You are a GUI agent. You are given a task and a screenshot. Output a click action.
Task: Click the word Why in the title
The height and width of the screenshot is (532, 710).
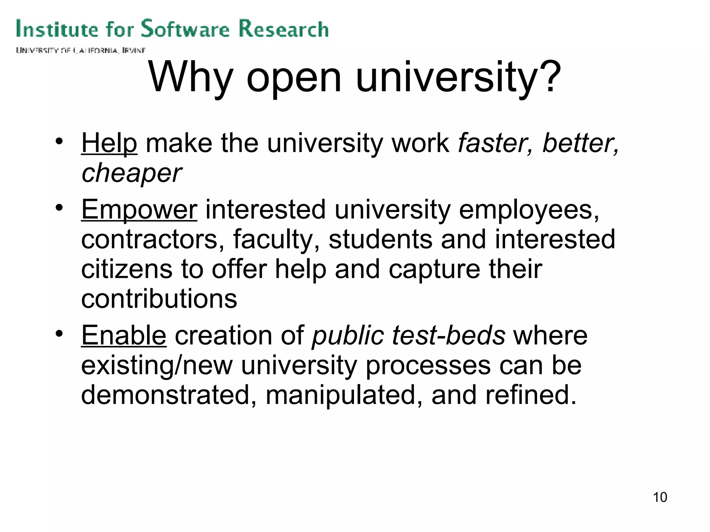(190, 78)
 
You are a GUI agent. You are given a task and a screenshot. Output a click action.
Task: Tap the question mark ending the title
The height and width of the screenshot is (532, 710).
(550, 77)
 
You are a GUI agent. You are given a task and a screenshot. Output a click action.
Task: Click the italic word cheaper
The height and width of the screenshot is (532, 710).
(131, 173)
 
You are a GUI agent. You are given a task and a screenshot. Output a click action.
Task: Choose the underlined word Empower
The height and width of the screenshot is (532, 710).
(139, 210)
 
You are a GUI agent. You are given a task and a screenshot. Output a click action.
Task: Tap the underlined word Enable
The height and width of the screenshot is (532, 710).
(124, 335)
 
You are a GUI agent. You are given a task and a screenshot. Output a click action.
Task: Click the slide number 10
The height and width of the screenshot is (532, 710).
(660, 497)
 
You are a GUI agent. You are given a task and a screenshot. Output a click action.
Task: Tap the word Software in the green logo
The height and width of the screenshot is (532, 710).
(185, 29)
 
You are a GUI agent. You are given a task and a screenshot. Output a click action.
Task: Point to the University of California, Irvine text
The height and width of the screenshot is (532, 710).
(80, 51)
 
